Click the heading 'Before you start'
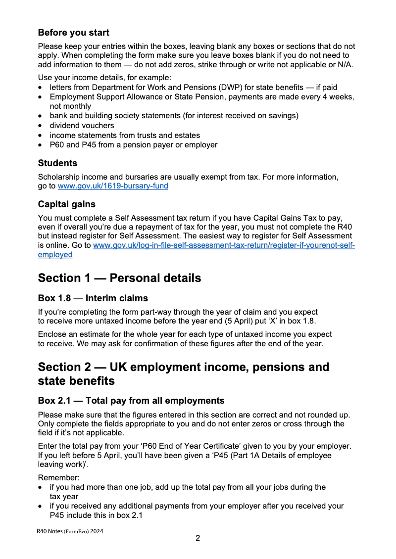73,33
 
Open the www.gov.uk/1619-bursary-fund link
113,186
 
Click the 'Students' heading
57,163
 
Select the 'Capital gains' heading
67,204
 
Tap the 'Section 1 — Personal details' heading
119,278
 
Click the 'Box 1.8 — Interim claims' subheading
93,298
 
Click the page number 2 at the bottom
198,538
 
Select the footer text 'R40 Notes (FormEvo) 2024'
70,531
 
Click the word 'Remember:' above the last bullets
58,478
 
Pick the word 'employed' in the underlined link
55,255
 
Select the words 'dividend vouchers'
82,126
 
